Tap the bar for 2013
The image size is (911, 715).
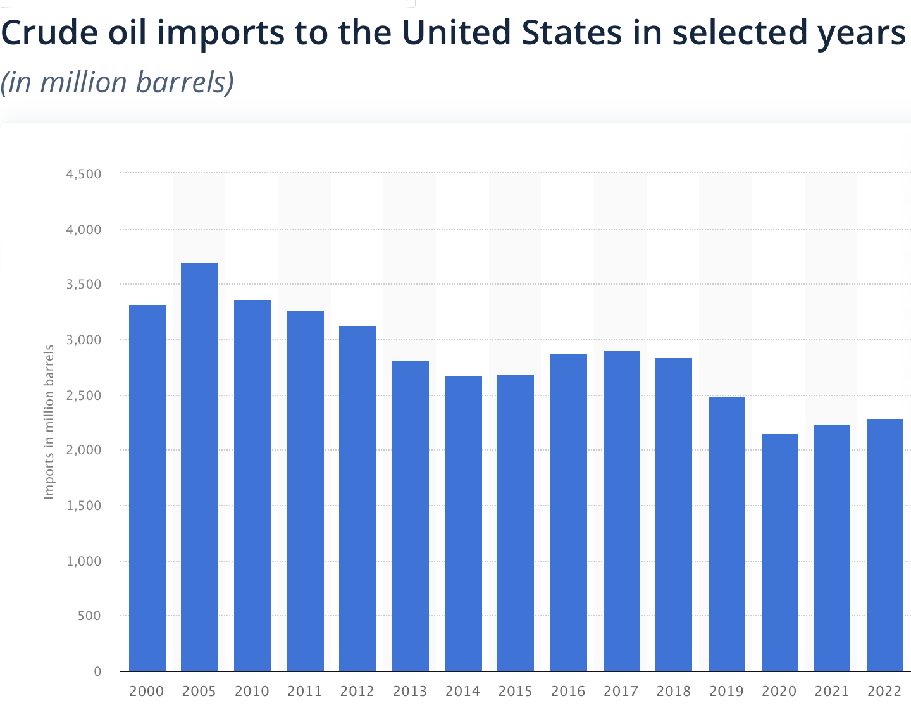(411, 516)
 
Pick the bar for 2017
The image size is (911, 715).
(621, 511)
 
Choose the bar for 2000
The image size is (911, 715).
(147, 488)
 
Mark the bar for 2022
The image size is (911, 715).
(884, 545)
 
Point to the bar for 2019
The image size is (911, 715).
(726, 534)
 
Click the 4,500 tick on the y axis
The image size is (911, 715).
(84, 174)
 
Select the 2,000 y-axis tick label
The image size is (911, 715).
(84, 451)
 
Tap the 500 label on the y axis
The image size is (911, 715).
(89, 616)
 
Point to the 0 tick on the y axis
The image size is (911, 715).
(97, 671)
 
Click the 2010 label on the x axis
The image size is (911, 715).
(252, 692)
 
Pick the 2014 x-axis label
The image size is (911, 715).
(462, 692)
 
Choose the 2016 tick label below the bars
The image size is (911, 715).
(568, 692)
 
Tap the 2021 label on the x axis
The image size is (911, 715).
(831, 692)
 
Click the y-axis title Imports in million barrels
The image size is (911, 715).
(49, 422)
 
